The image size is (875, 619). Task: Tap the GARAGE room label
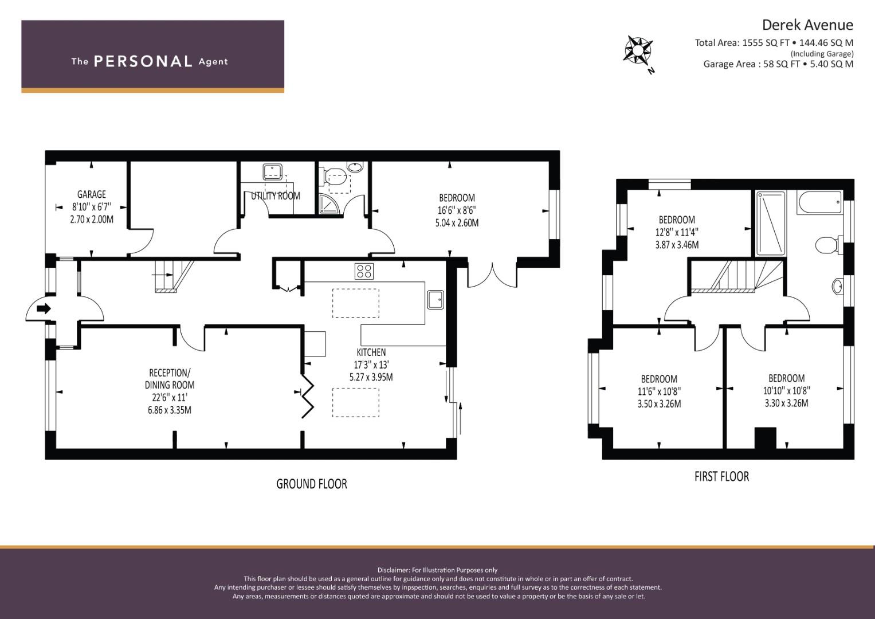click(x=92, y=194)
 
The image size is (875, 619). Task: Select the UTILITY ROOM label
click(x=276, y=196)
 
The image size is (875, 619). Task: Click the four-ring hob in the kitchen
click(x=364, y=271)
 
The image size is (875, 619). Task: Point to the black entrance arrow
click(x=44, y=309)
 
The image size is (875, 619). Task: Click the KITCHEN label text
click(x=371, y=352)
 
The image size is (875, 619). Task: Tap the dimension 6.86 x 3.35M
click(x=170, y=410)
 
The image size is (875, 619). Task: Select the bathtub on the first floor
click(x=820, y=202)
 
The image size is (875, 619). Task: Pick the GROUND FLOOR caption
click(x=312, y=484)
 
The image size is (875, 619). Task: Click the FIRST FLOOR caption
click(x=722, y=476)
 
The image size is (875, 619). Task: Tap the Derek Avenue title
click(x=807, y=25)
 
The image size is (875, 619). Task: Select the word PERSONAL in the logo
click(x=143, y=61)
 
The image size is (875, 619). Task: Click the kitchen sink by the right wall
click(x=435, y=299)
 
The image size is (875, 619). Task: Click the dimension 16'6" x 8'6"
click(x=457, y=210)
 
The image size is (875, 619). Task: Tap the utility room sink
click(x=273, y=172)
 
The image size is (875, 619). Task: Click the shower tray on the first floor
click(x=770, y=223)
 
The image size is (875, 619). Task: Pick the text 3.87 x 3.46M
click(x=677, y=245)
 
